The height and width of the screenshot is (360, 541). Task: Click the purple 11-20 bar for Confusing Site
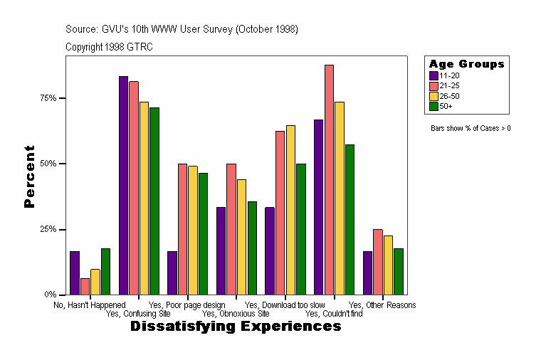123,185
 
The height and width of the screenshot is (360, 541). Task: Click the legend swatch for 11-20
434,75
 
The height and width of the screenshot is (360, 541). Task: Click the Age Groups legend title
466,64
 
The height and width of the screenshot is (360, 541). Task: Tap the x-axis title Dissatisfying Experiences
236,327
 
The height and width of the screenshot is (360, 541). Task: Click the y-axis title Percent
29,176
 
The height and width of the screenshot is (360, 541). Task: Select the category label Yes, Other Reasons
382,305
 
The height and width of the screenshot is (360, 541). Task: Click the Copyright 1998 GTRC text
109,47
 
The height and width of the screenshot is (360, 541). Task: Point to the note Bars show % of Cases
471,129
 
